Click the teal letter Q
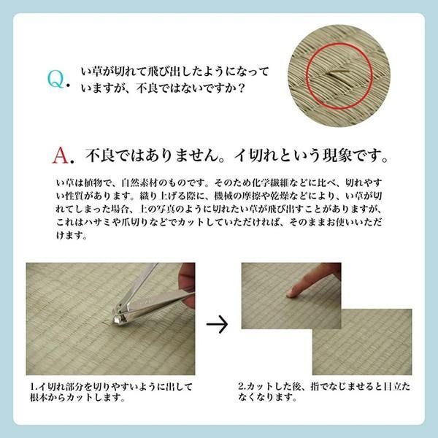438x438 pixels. tap(55, 77)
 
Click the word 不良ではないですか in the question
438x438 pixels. tap(191, 91)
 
